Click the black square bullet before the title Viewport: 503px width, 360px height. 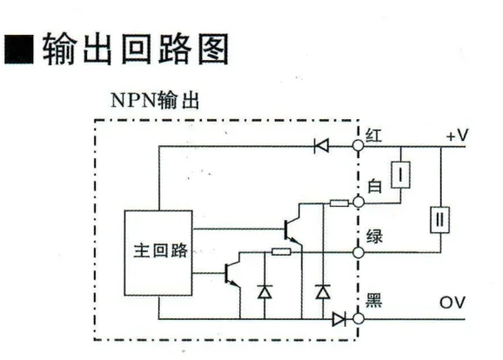point(19,49)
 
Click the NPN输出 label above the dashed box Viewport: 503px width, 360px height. point(155,100)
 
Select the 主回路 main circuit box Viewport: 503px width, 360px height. point(158,253)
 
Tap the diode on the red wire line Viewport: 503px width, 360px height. point(321,146)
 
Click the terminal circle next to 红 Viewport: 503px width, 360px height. point(358,146)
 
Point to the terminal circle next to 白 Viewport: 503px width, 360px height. point(358,203)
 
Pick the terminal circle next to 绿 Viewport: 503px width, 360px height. point(358,253)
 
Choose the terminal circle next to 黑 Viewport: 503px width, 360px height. point(358,318)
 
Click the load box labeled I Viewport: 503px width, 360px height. point(400,175)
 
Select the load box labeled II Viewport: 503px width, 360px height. point(439,220)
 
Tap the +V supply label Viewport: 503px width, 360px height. point(458,136)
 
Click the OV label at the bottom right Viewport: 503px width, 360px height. point(452,303)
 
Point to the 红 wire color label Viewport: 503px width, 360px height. point(374,136)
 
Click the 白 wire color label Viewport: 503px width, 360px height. point(375,186)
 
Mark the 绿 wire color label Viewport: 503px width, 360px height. point(374,237)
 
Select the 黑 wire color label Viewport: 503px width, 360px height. point(373,300)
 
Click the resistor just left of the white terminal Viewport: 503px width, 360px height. point(339,203)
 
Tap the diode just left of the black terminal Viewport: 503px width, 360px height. point(339,319)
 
